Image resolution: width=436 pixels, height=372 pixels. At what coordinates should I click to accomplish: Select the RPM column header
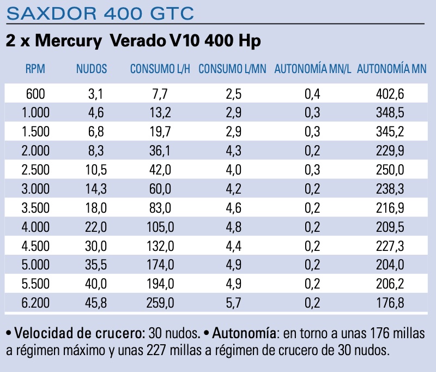pyautogui.click(x=35, y=69)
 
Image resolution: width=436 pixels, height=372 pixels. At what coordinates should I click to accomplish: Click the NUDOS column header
pyautogui.click(x=91, y=69)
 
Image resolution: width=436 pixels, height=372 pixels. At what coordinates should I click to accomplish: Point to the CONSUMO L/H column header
pyautogui.click(x=160, y=69)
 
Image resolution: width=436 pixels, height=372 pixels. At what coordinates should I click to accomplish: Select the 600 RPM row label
pyautogui.click(x=35, y=94)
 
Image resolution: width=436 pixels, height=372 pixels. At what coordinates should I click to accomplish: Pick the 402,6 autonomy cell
pyautogui.click(x=390, y=94)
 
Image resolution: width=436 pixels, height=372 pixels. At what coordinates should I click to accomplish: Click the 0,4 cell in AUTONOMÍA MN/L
pyautogui.click(x=312, y=94)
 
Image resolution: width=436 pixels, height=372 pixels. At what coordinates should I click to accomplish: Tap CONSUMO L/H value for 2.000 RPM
pyautogui.click(x=160, y=151)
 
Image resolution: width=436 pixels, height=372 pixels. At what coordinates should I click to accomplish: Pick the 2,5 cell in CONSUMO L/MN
pyautogui.click(x=234, y=94)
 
